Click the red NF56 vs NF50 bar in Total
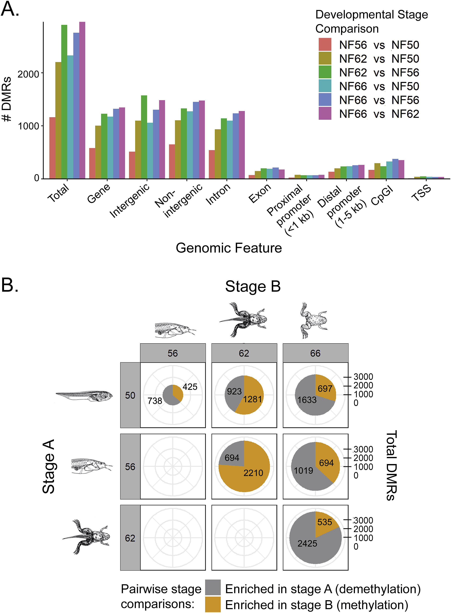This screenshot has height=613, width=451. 52,148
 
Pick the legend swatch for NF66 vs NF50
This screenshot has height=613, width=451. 325,86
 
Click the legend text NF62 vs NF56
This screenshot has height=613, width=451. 379,73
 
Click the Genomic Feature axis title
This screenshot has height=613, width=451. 229,248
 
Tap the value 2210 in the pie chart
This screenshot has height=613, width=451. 253,473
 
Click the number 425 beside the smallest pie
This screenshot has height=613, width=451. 190,387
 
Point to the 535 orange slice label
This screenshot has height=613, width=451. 325,522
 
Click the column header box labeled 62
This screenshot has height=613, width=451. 244,353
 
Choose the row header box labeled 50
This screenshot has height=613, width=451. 130,395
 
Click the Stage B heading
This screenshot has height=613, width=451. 253,286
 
